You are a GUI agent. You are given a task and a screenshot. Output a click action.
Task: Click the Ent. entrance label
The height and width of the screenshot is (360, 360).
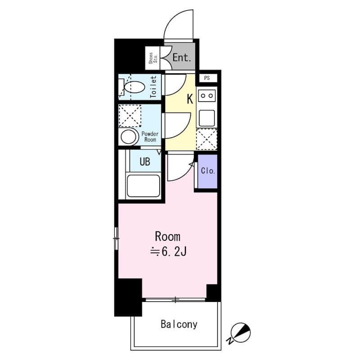182,58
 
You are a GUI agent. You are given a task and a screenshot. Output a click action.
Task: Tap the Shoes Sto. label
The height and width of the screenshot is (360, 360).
153,58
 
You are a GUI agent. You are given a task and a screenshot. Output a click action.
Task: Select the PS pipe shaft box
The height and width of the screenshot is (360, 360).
207,78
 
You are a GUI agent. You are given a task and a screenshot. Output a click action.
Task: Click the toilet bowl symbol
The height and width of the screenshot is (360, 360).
135,87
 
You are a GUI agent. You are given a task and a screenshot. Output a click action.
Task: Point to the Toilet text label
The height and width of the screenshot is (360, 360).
153,87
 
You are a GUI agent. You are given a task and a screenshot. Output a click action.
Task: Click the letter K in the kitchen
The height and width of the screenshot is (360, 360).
190,99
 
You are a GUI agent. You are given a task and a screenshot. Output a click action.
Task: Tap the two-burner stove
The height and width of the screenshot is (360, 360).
207,95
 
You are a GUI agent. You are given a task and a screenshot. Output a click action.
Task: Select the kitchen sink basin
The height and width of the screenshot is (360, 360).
207,118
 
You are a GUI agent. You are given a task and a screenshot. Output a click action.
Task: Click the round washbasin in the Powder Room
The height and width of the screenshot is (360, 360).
128,137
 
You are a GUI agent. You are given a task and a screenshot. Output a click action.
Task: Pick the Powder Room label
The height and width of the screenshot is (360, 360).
150,137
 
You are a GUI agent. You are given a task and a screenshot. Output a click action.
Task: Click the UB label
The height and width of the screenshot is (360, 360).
145,162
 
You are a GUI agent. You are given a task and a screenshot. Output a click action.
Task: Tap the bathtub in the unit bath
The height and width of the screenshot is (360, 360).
144,186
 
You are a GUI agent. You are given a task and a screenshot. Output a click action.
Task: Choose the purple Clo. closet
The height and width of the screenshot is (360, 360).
207,171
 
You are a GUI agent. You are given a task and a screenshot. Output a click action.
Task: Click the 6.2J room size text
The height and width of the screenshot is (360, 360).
168,252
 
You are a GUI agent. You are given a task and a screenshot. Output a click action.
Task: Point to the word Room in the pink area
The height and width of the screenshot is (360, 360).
167,237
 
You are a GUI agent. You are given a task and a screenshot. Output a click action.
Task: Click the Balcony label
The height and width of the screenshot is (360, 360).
179,324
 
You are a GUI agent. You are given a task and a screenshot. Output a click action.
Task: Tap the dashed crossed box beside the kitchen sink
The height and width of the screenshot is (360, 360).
207,139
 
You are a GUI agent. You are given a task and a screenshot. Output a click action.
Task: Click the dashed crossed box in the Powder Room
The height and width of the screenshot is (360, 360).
130,116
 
